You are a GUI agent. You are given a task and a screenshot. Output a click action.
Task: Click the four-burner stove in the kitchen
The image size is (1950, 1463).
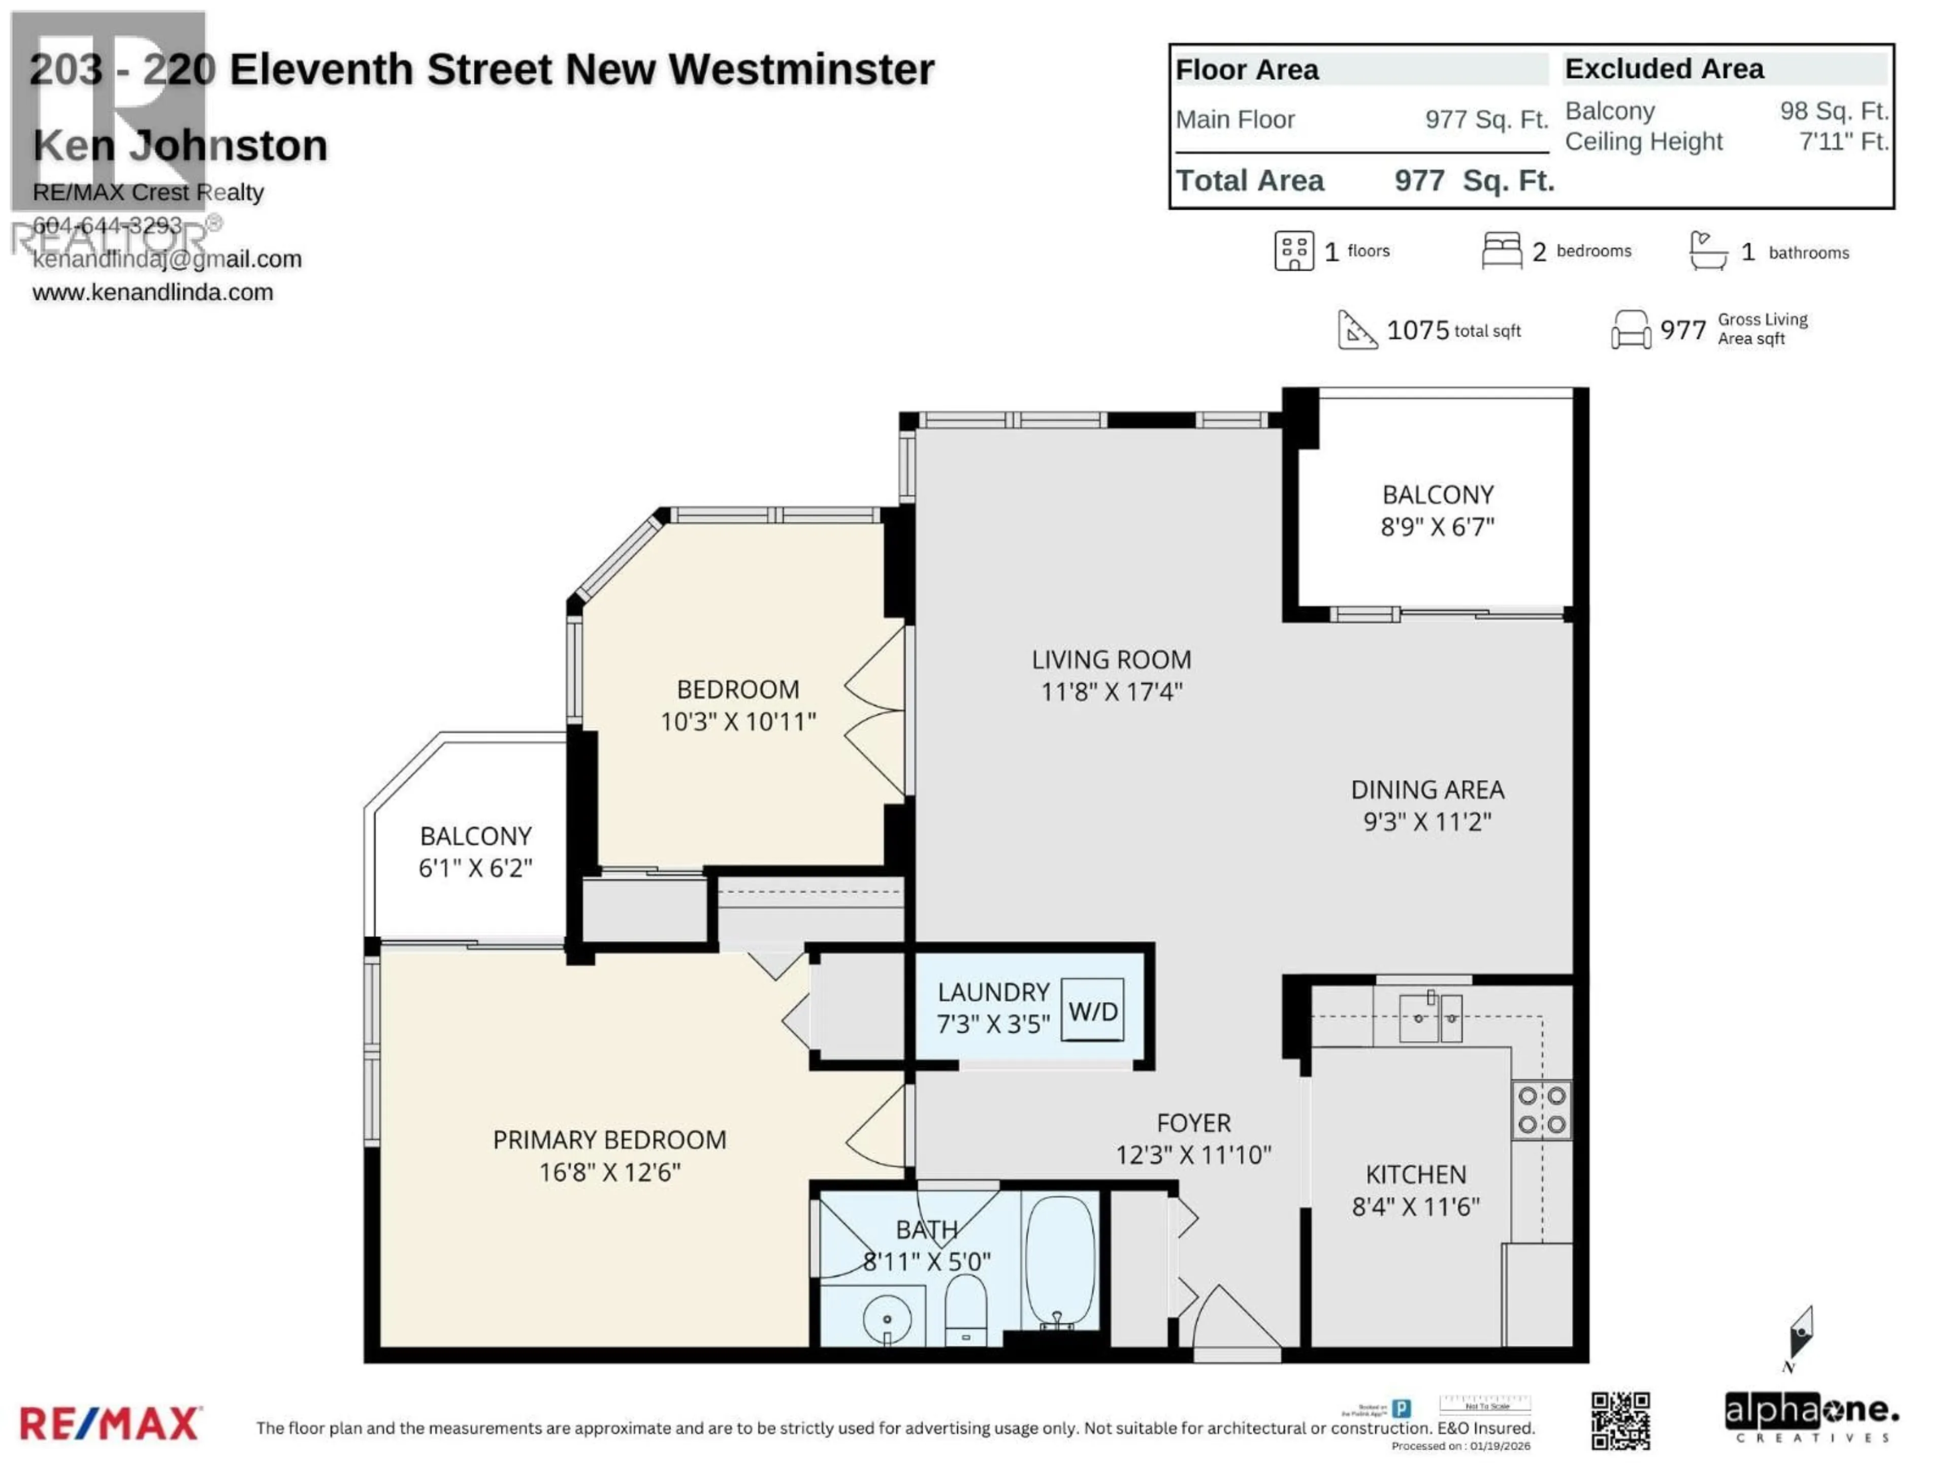(1541, 1109)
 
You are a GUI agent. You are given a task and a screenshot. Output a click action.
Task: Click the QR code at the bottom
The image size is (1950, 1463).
(1620, 1421)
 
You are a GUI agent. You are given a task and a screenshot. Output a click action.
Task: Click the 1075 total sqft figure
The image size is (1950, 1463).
(1417, 330)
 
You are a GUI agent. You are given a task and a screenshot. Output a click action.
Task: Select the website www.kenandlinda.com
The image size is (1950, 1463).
(152, 292)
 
